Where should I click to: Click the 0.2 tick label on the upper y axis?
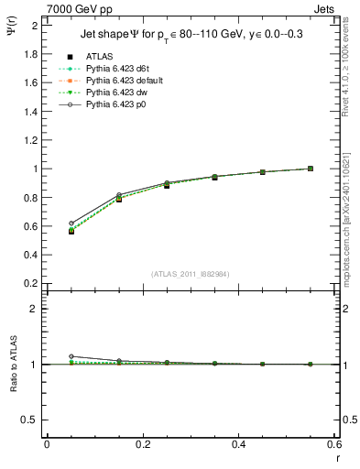[31, 284]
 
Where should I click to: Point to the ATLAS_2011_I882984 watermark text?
[191, 274]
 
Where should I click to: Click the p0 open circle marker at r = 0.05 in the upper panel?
[71, 223]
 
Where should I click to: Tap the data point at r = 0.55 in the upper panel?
[311, 169]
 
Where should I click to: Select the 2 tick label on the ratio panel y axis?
[36, 309]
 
